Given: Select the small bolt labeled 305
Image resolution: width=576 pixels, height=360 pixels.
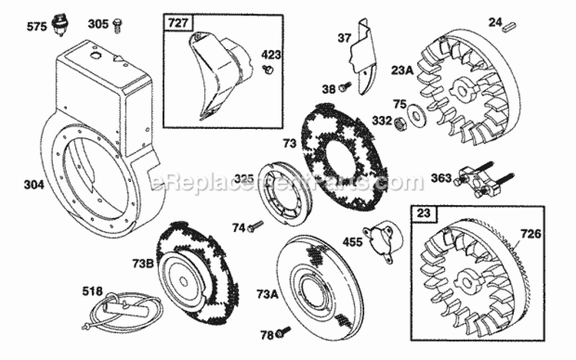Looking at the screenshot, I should [x=118, y=25].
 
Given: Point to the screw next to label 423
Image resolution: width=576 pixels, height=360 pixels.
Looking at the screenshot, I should [x=270, y=70].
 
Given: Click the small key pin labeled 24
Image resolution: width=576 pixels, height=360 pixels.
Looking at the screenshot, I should [x=509, y=25].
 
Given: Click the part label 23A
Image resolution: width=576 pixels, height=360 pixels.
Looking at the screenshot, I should [x=402, y=70].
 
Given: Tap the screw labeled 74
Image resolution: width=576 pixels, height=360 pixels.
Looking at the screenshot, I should [x=255, y=225].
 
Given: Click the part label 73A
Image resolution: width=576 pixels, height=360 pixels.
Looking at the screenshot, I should [x=268, y=294].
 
